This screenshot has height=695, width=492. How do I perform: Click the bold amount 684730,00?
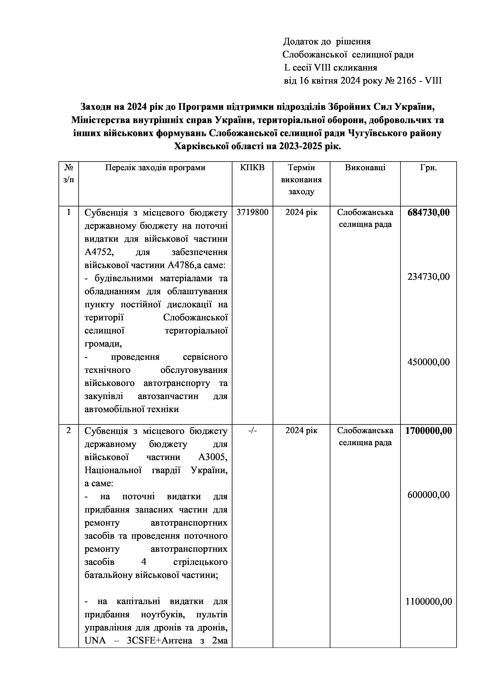click(x=428, y=213)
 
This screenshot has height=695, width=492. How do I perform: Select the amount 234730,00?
click(x=428, y=277)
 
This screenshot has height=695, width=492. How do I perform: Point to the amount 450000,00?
click(x=428, y=362)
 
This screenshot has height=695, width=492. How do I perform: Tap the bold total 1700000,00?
click(x=428, y=431)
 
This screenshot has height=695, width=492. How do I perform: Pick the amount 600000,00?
click(x=428, y=495)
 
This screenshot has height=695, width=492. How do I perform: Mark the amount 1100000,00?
click(x=428, y=601)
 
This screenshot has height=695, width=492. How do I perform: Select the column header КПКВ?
click(x=252, y=168)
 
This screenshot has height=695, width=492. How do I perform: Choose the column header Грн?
click(x=428, y=168)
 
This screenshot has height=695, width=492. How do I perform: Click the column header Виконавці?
click(x=365, y=168)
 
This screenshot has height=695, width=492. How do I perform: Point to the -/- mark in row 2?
click(x=252, y=431)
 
